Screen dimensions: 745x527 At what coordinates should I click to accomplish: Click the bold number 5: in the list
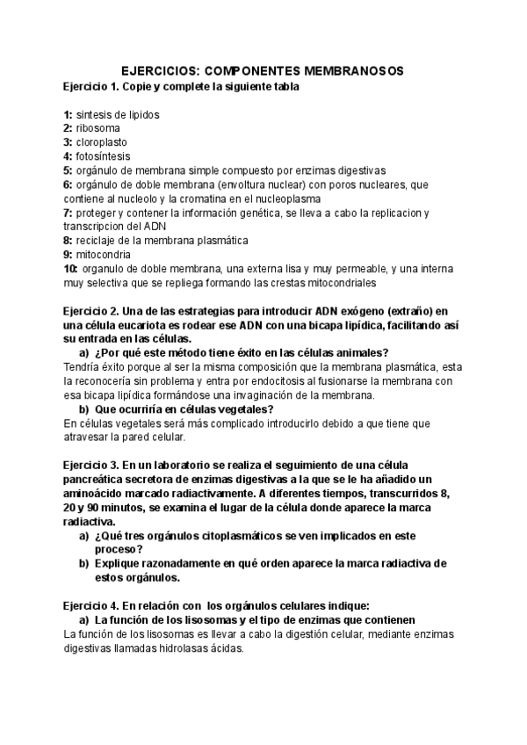(69, 170)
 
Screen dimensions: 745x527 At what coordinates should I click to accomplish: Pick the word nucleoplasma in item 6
(316, 199)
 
